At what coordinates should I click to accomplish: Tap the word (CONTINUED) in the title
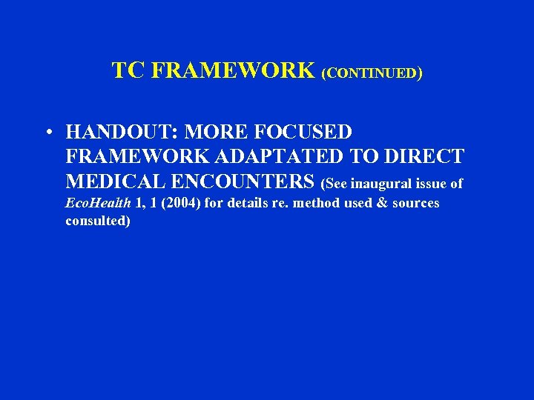[x=372, y=73]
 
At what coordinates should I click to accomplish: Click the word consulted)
[x=98, y=221]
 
